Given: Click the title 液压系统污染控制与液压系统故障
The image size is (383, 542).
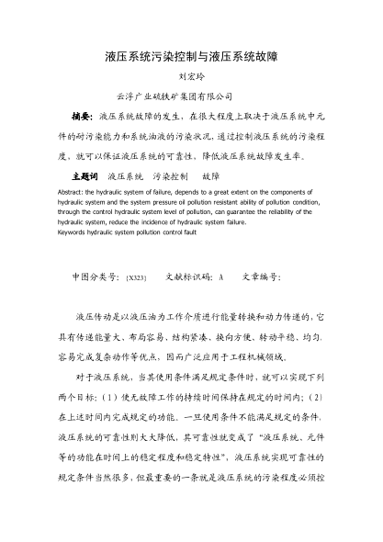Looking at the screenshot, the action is (x=191, y=57).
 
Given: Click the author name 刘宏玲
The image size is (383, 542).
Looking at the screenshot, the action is (x=191, y=78).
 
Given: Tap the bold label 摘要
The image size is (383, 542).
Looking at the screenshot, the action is (x=83, y=118).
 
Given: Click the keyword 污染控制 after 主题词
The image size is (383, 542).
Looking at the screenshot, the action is (x=172, y=174).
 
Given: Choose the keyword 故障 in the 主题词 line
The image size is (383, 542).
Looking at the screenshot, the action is (x=211, y=174).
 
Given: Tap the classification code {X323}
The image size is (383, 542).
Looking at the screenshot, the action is (x=137, y=277).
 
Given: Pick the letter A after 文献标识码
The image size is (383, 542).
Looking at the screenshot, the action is (x=221, y=276).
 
